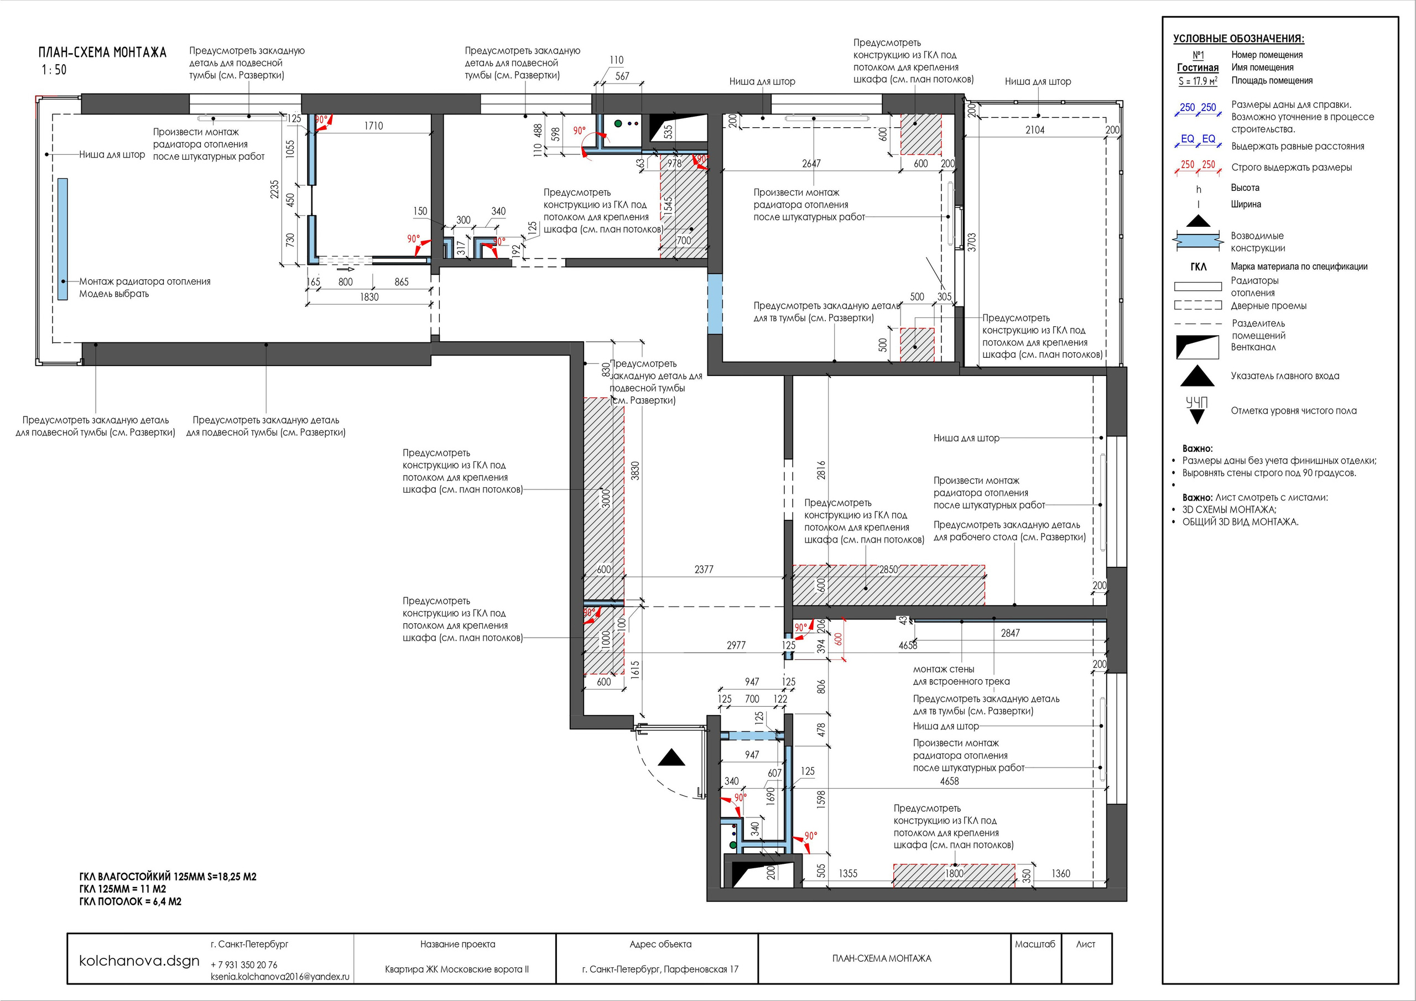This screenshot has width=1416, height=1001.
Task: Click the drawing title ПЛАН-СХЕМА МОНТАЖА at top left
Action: click(102, 53)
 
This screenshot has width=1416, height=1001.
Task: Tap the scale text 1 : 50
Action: click(54, 70)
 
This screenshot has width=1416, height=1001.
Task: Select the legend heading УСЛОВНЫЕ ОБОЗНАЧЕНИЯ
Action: click(1238, 39)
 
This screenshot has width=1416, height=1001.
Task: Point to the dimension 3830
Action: click(635, 471)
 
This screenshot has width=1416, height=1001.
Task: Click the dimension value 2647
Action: click(811, 164)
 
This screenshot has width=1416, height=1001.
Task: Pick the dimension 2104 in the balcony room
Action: click(1035, 129)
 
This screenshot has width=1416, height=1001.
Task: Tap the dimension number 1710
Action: click(373, 126)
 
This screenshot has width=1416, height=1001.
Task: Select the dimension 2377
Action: click(704, 569)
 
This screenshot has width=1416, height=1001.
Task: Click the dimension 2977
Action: click(736, 645)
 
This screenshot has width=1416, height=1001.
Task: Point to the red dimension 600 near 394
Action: click(838, 639)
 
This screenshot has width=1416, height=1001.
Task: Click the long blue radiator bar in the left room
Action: click(63, 239)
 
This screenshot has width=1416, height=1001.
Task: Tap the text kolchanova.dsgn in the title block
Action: click(139, 961)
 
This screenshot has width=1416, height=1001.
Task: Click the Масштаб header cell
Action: click(1035, 943)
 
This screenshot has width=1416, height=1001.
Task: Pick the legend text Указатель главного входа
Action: click(1285, 376)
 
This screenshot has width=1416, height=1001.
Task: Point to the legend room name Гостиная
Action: click(1198, 68)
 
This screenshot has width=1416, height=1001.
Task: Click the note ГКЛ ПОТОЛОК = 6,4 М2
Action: click(130, 901)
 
